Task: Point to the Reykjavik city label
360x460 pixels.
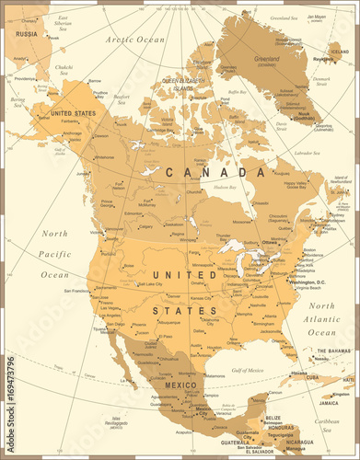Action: point(323,59)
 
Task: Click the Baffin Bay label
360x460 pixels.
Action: point(238,92)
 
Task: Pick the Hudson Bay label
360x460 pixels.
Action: point(224,187)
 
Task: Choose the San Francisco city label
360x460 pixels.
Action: point(76,291)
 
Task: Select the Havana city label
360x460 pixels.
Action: point(273,373)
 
